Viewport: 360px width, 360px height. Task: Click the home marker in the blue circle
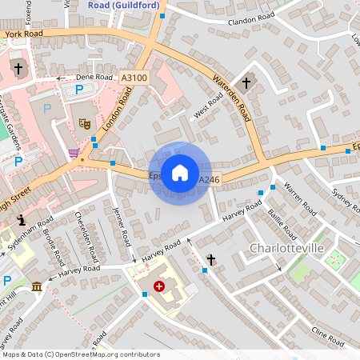coord(180,173)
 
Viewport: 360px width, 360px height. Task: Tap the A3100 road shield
coord(134,78)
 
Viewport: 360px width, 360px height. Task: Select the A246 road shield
coord(208,180)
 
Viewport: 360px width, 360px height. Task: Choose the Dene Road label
coord(94,77)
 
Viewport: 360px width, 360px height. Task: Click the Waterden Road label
coord(233,100)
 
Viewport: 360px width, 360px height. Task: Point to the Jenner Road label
coord(122,226)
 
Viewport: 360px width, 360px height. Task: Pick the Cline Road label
coord(328,336)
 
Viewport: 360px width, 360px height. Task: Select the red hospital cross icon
coord(158,286)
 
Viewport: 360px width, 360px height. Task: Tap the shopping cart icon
coord(74,153)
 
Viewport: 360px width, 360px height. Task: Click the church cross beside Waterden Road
coord(247,82)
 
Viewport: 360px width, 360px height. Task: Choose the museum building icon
coord(36,286)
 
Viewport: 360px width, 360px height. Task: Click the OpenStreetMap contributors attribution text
coord(80,354)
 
